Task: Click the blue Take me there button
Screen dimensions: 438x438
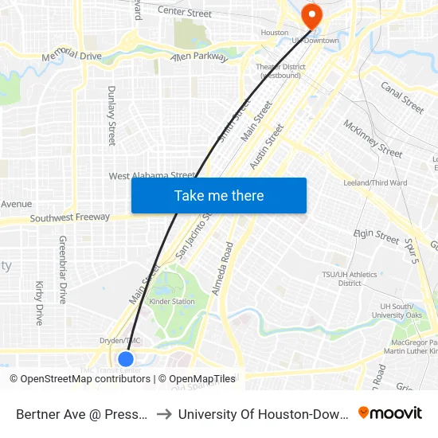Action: [x=219, y=195]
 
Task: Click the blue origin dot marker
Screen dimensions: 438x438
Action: [x=125, y=358]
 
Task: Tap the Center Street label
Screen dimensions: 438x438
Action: [x=185, y=12]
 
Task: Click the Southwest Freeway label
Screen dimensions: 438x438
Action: [x=69, y=217]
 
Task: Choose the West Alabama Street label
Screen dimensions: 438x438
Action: [x=152, y=176]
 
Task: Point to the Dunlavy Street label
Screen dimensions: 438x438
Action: [x=111, y=115]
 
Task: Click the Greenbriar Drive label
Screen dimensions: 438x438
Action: [x=62, y=269]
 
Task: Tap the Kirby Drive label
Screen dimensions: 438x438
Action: [x=39, y=303]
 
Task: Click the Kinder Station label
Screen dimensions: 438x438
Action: [x=172, y=302]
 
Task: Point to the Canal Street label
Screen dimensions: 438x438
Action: [x=402, y=97]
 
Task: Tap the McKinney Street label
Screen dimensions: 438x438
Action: [x=373, y=138]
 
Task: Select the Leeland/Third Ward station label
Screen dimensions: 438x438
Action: [x=374, y=183]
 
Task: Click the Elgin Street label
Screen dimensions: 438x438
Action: [x=376, y=236]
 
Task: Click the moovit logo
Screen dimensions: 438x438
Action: [x=390, y=413]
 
